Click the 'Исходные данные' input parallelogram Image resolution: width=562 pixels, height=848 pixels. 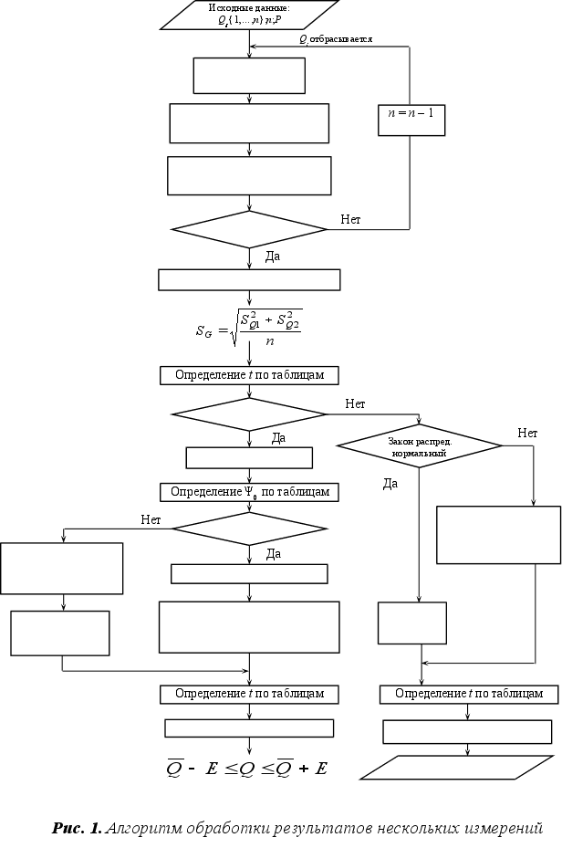click(x=249, y=14)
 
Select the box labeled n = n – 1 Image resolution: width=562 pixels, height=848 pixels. click(x=411, y=120)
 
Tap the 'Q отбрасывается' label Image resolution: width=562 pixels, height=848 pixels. click(x=336, y=39)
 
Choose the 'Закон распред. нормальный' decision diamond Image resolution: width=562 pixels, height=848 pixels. click(x=419, y=446)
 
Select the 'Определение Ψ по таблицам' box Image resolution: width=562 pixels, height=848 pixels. click(x=249, y=492)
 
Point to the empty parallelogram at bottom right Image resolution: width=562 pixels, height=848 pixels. click(x=459, y=767)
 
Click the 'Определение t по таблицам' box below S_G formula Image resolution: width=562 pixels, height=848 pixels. click(x=249, y=375)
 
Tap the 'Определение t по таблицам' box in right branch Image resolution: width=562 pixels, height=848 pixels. click(x=468, y=694)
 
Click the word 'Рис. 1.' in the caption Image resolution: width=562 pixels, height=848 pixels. click(x=78, y=829)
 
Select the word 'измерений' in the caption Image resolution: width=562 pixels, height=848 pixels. click(x=501, y=829)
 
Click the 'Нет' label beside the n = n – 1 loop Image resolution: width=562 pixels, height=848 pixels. click(x=351, y=219)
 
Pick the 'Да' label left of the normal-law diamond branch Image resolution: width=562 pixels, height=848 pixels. click(x=390, y=484)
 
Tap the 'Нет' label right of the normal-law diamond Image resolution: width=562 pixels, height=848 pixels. click(x=527, y=433)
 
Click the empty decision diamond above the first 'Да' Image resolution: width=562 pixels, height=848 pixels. click(x=248, y=229)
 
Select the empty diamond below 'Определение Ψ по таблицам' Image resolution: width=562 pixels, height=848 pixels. click(x=249, y=528)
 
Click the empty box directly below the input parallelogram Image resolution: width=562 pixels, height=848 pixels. click(x=249, y=76)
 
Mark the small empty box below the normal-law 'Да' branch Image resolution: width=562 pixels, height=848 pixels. click(x=411, y=623)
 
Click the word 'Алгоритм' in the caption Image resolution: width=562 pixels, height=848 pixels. click(x=144, y=829)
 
